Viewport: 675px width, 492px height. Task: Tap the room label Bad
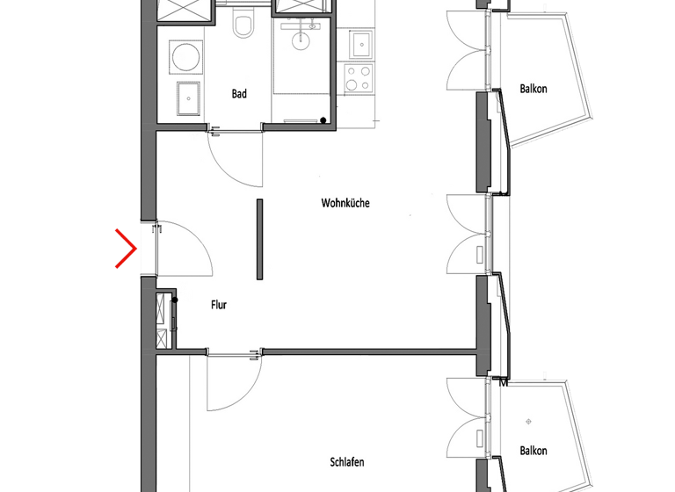pos(239,94)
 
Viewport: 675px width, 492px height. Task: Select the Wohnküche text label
pos(345,203)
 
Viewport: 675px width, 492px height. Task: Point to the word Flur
pos(219,306)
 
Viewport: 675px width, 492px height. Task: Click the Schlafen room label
pos(347,462)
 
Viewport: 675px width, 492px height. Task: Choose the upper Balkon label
pos(533,89)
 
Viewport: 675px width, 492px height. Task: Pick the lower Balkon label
pos(533,451)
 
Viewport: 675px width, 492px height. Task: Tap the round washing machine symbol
pos(185,59)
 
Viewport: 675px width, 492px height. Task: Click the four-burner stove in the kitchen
pos(359,77)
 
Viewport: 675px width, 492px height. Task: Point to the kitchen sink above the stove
pos(360,41)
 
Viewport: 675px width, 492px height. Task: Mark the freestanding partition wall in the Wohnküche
pos(260,239)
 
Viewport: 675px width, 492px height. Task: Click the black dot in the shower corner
pos(323,120)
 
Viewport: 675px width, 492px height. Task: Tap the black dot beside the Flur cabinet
pos(176,300)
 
